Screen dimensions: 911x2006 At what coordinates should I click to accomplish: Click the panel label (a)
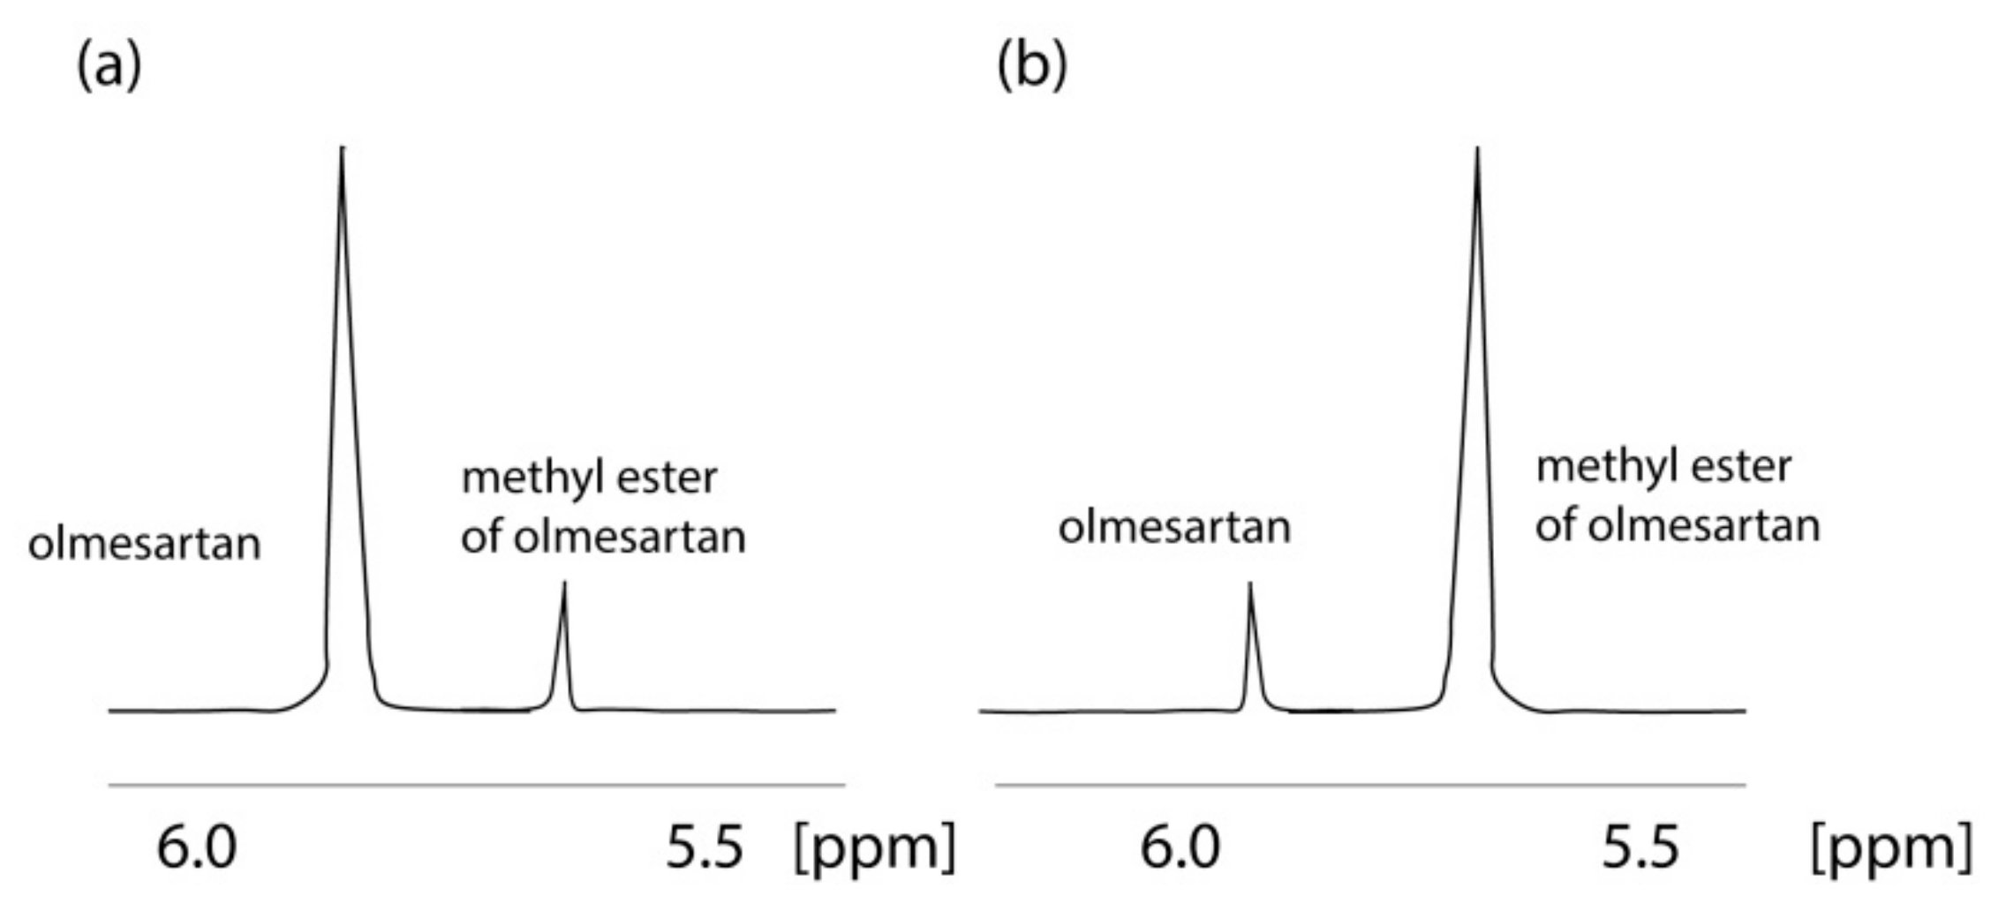pyautogui.click(x=109, y=67)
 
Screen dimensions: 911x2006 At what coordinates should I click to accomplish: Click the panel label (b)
pyautogui.click(x=1031, y=67)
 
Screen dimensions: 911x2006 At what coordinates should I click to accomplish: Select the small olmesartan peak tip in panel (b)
pyautogui.click(x=1249, y=583)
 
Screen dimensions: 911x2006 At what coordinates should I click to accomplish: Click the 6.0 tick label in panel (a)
pyautogui.click(x=196, y=847)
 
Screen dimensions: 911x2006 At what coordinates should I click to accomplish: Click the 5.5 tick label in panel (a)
pyautogui.click(x=705, y=847)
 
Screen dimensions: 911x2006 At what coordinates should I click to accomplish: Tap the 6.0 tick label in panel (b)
pyautogui.click(x=1180, y=847)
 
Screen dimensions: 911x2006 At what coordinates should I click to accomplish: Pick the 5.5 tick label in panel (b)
pyautogui.click(x=1640, y=847)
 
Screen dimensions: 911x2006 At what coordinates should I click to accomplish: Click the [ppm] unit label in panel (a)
pyautogui.click(x=875, y=847)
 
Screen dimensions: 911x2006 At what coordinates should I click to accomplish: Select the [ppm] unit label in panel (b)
pyautogui.click(x=1891, y=847)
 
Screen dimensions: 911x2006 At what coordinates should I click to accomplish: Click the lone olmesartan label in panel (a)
pyautogui.click(x=145, y=544)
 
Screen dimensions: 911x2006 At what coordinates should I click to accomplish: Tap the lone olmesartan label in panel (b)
pyautogui.click(x=1174, y=528)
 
